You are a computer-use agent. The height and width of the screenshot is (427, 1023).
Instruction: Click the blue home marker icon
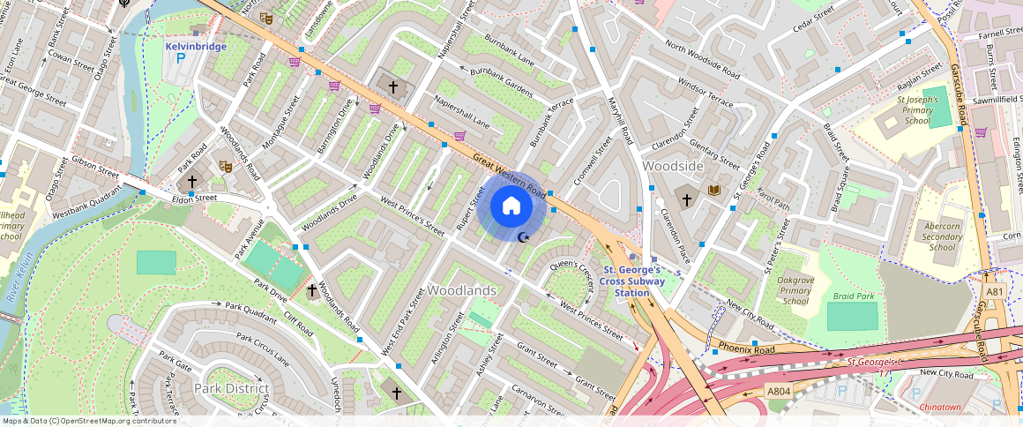click(511, 206)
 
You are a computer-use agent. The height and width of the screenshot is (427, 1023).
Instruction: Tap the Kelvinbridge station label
click(196, 46)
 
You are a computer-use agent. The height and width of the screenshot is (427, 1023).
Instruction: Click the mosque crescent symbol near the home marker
click(524, 236)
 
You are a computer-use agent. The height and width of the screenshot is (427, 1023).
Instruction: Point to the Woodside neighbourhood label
click(673, 166)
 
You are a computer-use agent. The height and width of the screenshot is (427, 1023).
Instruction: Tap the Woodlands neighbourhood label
click(462, 290)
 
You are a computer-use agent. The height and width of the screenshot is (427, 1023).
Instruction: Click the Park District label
click(232, 388)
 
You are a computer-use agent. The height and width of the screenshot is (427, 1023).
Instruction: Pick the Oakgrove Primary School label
click(795, 290)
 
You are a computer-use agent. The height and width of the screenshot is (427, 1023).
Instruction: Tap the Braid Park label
click(854, 296)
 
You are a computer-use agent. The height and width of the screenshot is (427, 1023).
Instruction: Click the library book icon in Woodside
click(713, 190)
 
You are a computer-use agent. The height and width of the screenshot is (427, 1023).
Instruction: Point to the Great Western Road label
click(510, 173)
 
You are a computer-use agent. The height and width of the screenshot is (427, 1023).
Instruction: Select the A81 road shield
click(995, 292)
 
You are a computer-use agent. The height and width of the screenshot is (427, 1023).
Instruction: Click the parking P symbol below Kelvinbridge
click(182, 59)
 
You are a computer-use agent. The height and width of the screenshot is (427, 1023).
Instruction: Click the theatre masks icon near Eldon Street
click(225, 165)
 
